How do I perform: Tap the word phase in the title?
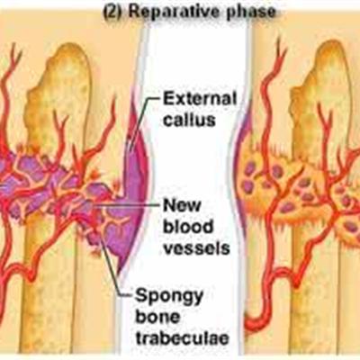coord(249,13)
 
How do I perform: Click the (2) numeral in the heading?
coord(113,12)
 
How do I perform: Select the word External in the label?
coord(200,99)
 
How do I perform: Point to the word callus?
coord(189,120)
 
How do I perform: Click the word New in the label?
coord(182,205)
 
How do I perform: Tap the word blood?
coord(187,227)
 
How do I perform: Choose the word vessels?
coord(196,247)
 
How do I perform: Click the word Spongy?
coord(169,297)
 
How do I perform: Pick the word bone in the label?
coord(157,318)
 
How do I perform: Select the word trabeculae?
coord(182,338)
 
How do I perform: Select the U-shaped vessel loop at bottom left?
coord(30,277)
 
